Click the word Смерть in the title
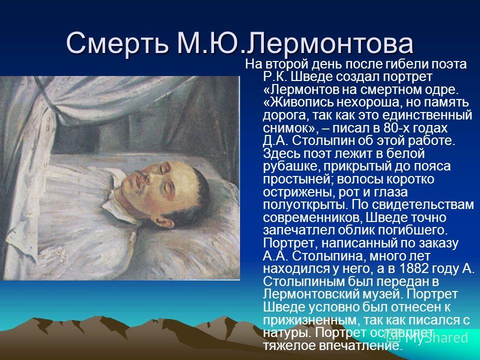click(117, 43)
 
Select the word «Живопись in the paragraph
click(298, 102)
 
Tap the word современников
click(312, 217)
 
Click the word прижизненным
click(311, 320)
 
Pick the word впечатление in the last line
click(359, 345)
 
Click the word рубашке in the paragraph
click(291, 166)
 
